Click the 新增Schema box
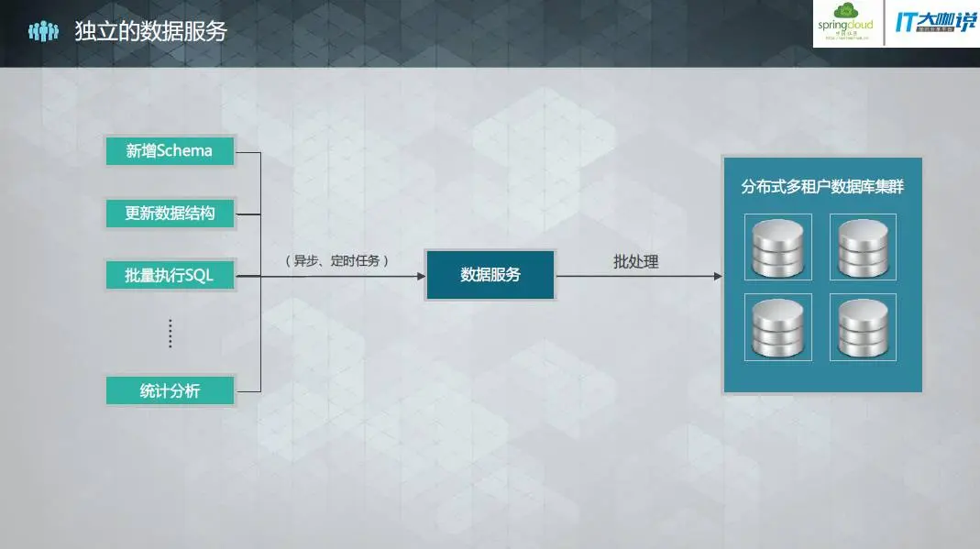pos(170,151)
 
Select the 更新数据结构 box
pos(170,214)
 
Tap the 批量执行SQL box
pos(170,275)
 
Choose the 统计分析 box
pos(170,391)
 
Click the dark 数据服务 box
pos(490,275)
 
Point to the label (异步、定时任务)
pos(338,261)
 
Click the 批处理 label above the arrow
pos(636,262)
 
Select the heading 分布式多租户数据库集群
pos(822,188)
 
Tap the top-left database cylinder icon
pos(778,247)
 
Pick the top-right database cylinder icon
pos(863,247)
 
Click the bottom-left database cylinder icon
pos(778,327)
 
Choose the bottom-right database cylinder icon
pos(863,327)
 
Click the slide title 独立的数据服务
pos(150,31)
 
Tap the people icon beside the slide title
pos(43,31)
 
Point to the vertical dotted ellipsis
pos(170,334)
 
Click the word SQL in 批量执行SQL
pos(199,275)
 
